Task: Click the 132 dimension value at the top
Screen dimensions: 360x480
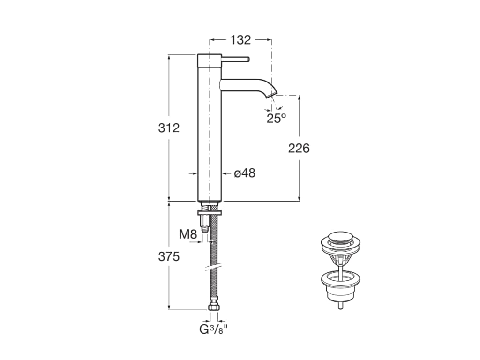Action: coord(241,40)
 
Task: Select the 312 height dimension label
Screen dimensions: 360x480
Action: coord(169,127)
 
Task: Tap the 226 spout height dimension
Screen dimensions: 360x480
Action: coord(299,148)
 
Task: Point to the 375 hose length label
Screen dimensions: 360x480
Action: coord(169,257)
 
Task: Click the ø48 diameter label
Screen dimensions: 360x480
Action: coord(245,173)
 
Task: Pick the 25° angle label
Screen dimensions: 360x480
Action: coord(276,118)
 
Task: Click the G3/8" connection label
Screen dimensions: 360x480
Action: coord(214,329)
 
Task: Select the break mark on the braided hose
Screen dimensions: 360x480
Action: coord(212,268)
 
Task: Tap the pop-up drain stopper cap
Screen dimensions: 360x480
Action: coord(340,238)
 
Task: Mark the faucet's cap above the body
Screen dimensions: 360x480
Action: coord(209,60)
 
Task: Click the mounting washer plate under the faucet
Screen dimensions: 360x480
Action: coord(209,213)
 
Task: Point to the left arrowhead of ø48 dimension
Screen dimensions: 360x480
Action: coord(195,173)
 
